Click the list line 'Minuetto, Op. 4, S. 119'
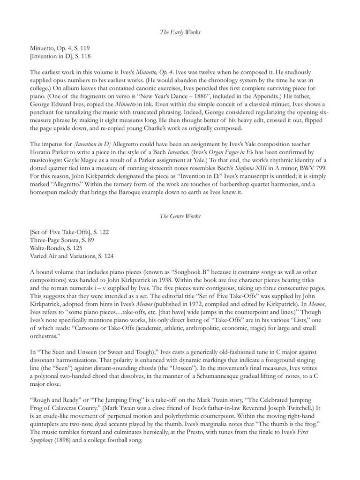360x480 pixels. [x=60, y=48]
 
